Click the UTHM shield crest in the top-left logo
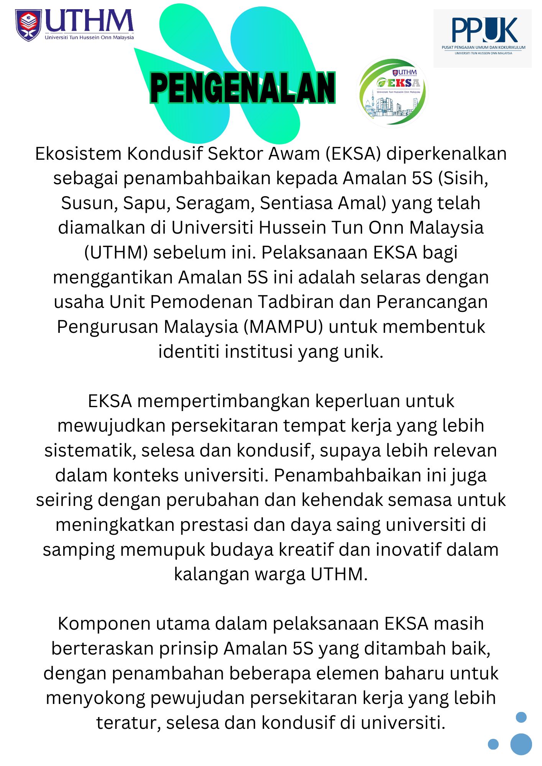click(28, 25)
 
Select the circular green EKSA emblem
click(392, 92)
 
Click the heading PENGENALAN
click(243, 88)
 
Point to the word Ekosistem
click(78, 154)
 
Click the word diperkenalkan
click(446, 154)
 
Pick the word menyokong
click(95, 698)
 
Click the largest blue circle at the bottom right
click(521, 744)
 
